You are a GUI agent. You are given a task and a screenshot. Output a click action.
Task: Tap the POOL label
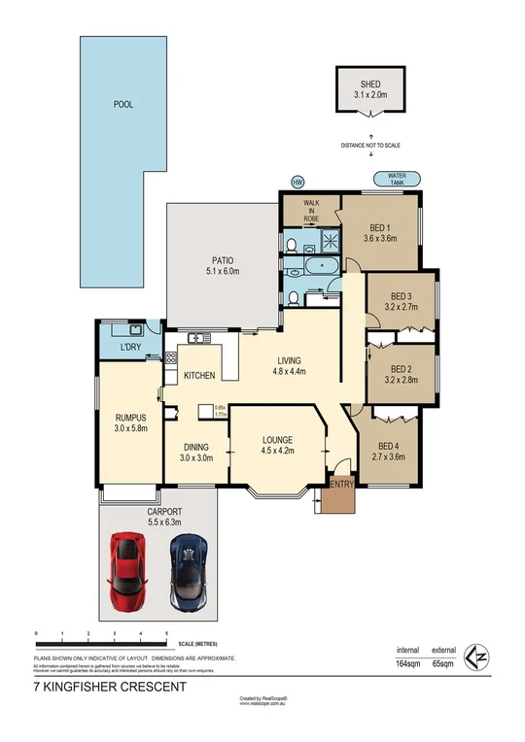(x=122, y=104)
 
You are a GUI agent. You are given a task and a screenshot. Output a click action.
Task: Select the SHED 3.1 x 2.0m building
(x=369, y=90)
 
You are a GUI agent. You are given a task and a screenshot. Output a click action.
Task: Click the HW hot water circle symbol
(x=299, y=182)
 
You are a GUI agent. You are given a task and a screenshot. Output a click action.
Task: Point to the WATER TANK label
(x=398, y=178)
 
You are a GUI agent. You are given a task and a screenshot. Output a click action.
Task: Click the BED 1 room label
(x=381, y=232)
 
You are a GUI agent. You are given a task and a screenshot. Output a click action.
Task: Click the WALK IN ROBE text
(x=311, y=212)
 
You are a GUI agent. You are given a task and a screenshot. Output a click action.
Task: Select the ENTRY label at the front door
(x=341, y=484)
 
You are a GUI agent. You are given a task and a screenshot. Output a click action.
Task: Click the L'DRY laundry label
(x=131, y=347)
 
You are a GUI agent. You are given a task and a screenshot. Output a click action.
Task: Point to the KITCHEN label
(x=199, y=375)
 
